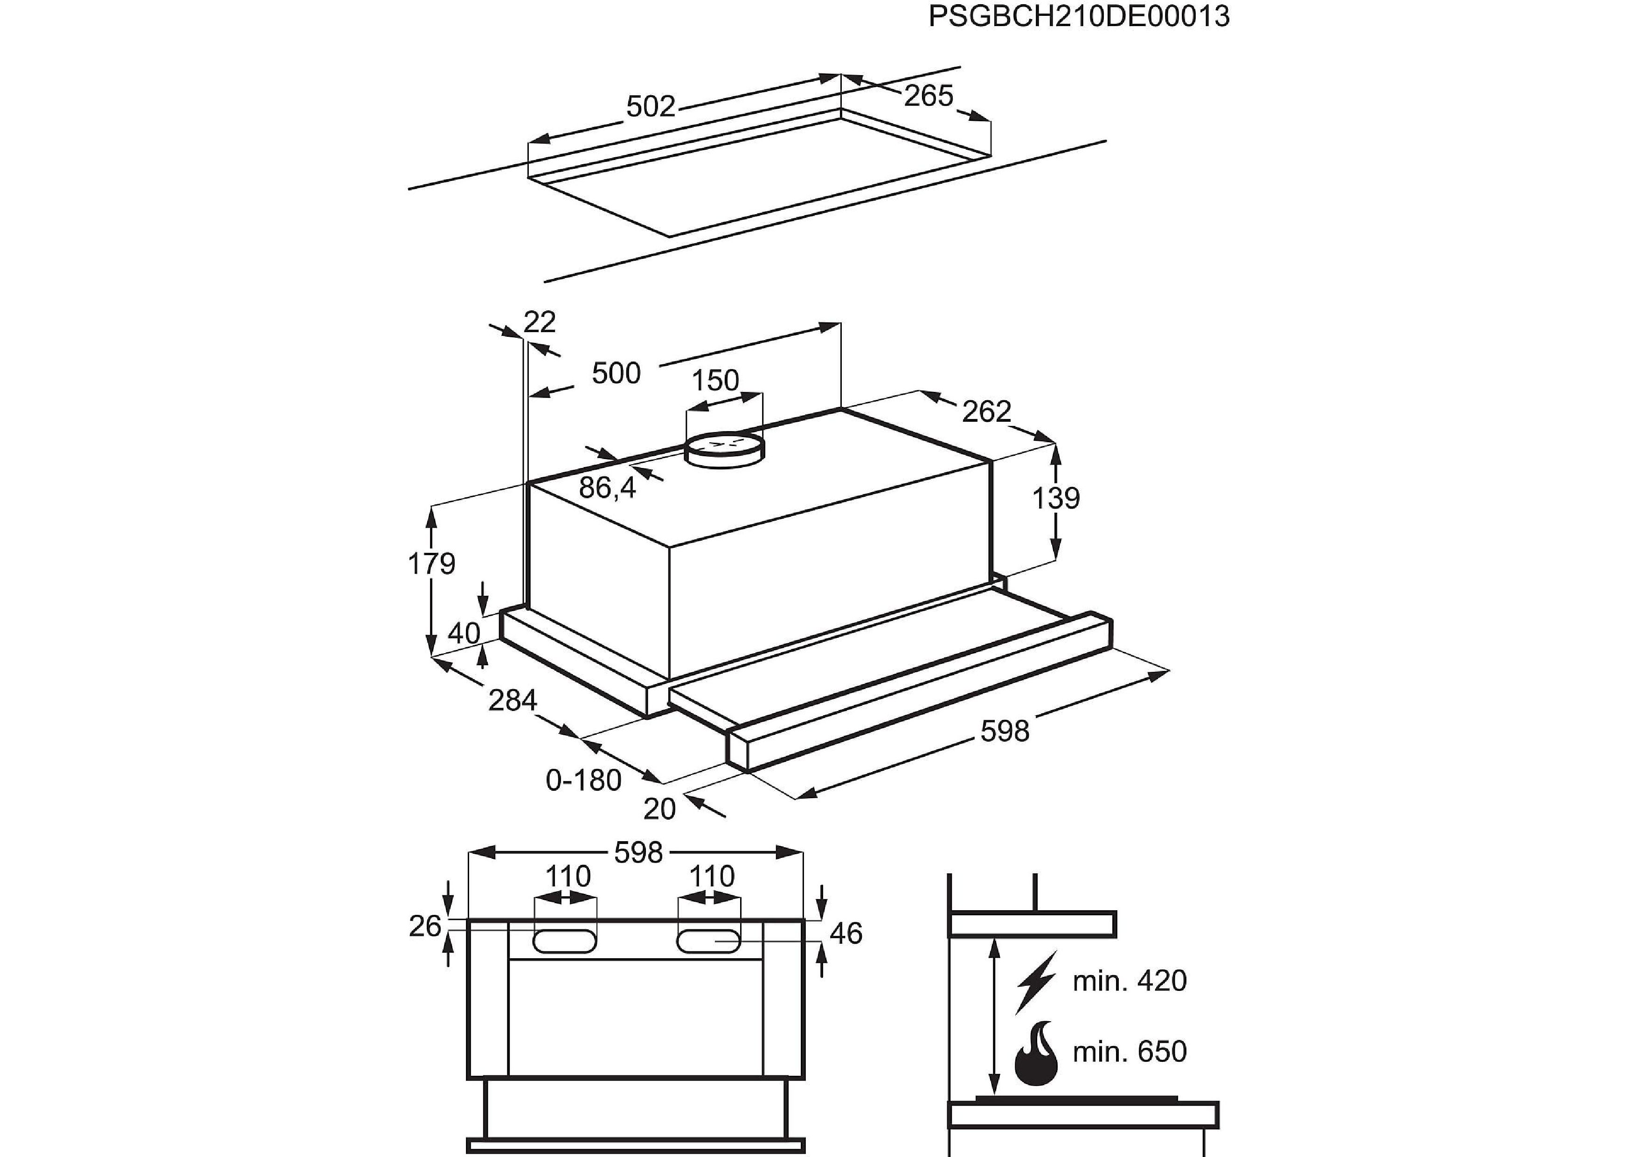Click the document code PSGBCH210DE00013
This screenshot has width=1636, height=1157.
(1079, 16)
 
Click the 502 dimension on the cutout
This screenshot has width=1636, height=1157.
(650, 107)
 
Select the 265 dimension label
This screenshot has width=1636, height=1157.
(929, 96)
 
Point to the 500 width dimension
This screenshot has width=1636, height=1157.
(617, 374)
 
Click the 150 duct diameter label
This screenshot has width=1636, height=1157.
(715, 381)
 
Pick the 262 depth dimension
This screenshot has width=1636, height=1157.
(986, 411)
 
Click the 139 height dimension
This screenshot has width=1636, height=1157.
(1056, 498)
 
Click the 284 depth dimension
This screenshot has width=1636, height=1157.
(513, 701)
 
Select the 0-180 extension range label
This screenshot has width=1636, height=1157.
(583, 781)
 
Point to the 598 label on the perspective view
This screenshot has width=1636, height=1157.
(1005, 732)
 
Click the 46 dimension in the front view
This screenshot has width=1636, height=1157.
(846, 933)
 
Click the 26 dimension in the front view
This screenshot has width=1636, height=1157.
(425, 926)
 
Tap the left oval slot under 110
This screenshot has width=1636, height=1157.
(565, 941)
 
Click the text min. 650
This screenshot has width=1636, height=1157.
(1130, 1052)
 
